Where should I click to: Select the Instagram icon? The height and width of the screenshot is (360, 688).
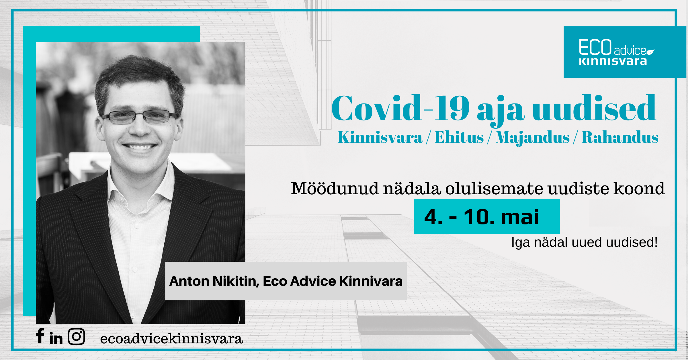click(76, 336)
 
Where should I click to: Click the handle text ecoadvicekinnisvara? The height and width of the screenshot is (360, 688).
click(171, 339)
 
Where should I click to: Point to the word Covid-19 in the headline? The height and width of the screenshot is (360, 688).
click(400, 109)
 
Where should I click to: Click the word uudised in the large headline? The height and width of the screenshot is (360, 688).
click(594, 108)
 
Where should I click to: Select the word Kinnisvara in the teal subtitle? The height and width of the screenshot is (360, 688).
click(380, 137)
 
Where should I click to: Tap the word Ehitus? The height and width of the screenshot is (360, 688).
click(459, 137)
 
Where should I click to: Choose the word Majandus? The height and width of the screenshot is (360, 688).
click(533, 138)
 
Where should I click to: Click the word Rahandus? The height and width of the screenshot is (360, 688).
click(620, 137)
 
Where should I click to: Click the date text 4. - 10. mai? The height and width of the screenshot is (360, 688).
click(482, 217)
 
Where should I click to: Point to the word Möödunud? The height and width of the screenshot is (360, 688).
click(335, 189)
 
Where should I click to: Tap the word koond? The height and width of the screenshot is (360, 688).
click(639, 189)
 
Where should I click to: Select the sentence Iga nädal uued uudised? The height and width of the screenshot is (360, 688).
click(584, 242)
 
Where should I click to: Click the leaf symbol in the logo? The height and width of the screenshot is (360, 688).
click(650, 52)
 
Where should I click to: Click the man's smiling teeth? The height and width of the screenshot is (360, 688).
click(140, 147)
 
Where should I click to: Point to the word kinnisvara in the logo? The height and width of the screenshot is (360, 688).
click(613, 61)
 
